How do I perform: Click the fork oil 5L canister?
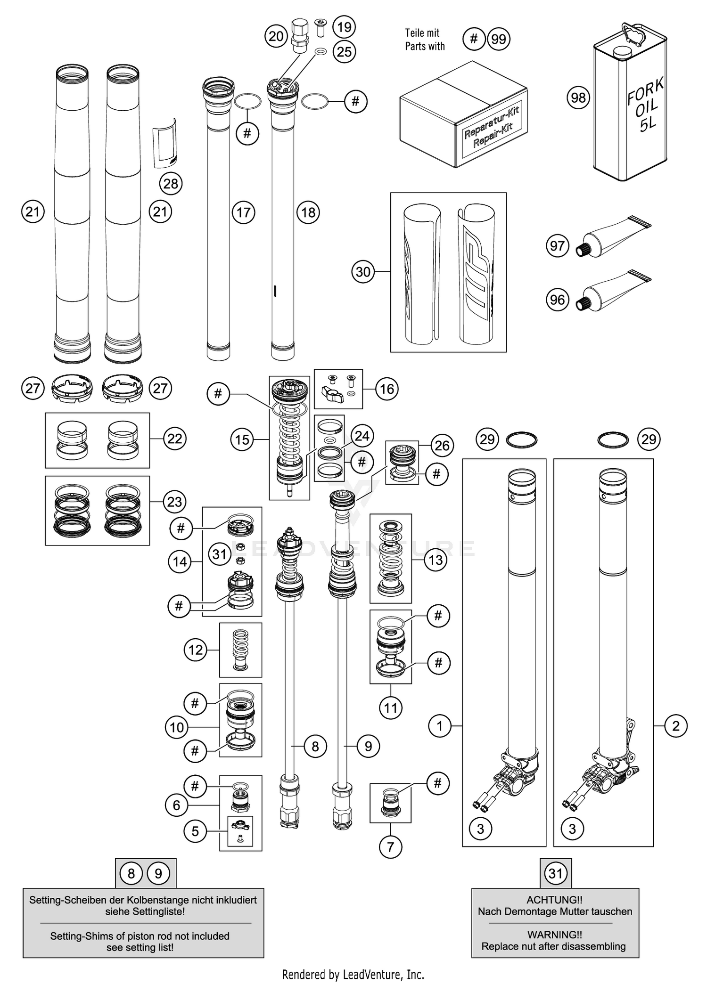click(x=629, y=108)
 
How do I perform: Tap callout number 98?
click(x=578, y=98)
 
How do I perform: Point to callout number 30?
click(x=363, y=272)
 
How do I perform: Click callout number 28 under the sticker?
click(x=171, y=183)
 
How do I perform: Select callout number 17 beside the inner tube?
click(x=243, y=212)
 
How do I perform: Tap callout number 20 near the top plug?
click(x=276, y=36)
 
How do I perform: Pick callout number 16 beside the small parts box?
click(x=387, y=389)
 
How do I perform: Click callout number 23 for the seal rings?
click(x=174, y=501)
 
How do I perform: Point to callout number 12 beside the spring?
click(x=195, y=650)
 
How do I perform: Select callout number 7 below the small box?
click(x=390, y=847)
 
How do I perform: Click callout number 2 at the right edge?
click(x=676, y=726)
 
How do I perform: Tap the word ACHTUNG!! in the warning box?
click(x=555, y=900)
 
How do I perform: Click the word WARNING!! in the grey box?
click(x=555, y=935)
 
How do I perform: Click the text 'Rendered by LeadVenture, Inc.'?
click(x=353, y=974)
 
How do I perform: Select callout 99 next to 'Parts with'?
click(x=499, y=39)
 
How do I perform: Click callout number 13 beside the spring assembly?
click(x=436, y=560)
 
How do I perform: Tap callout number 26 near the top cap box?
click(x=442, y=446)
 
